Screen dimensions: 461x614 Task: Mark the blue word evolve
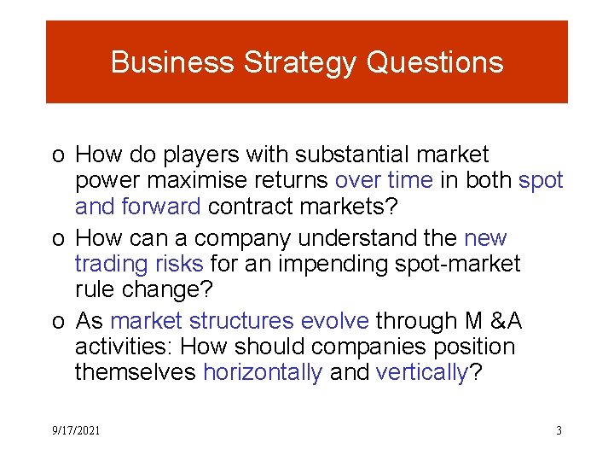click(x=337, y=321)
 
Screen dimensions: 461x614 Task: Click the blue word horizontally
click(x=263, y=373)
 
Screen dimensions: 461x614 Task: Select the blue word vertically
click(x=423, y=373)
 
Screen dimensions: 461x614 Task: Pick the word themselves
click(x=136, y=373)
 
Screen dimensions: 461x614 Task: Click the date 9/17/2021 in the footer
click(x=76, y=431)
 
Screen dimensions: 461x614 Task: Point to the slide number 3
click(x=559, y=431)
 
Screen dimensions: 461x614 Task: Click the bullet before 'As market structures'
click(x=56, y=322)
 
